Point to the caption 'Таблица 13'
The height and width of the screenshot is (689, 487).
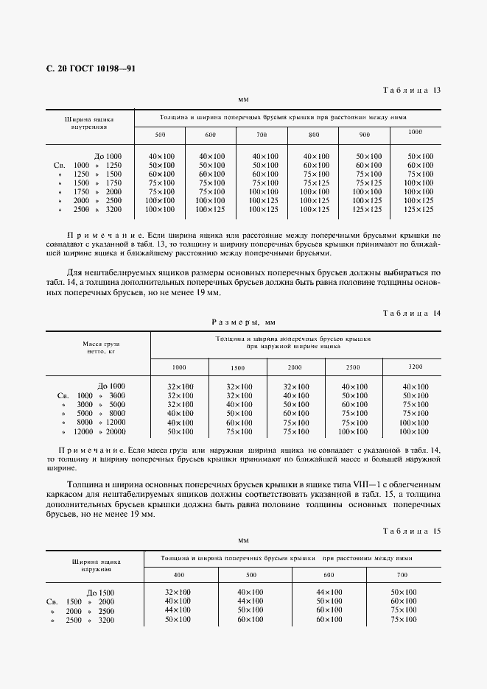[411, 90]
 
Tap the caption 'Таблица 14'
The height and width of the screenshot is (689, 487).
[411, 313]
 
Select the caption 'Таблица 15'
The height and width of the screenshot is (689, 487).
[411, 531]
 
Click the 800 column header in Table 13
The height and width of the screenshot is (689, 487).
[314, 135]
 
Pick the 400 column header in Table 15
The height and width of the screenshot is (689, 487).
[179, 574]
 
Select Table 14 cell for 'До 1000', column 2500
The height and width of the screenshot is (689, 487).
[354, 386]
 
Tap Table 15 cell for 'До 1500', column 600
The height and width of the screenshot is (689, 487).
[329, 593]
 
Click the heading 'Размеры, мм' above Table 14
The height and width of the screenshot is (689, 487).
[243, 322]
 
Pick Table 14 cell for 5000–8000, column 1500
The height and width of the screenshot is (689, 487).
[239, 414]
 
